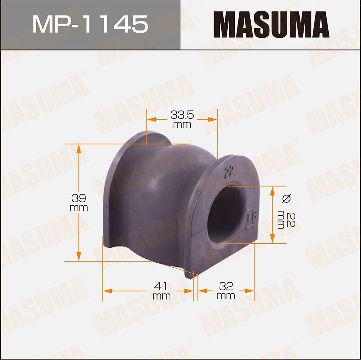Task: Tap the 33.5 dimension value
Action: coord(182,116)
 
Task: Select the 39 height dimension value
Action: coord(79,198)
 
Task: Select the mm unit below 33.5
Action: coord(182,125)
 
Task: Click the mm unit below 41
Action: coord(162,296)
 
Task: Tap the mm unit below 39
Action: coord(79,208)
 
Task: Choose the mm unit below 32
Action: coord(226,296)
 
